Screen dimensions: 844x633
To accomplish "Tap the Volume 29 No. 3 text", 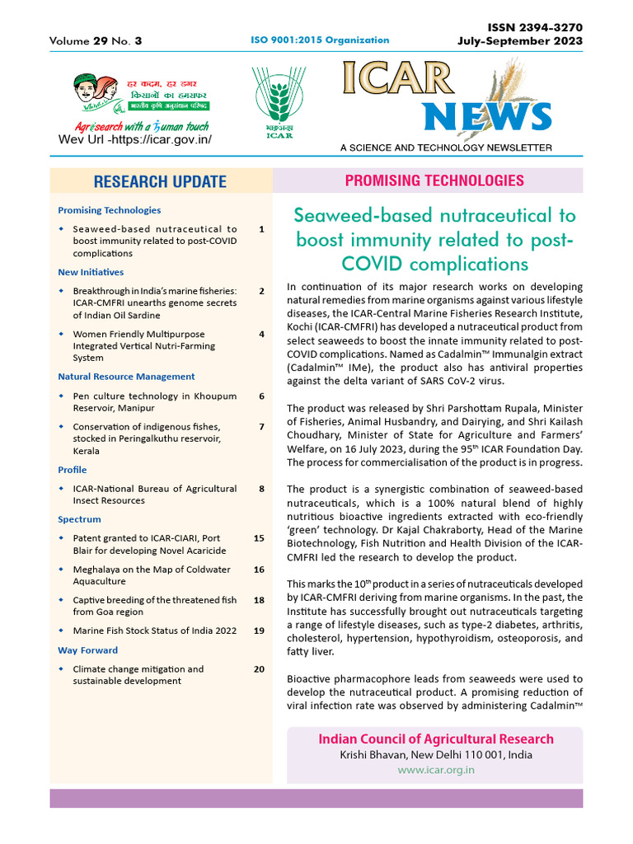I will [x=96, y=40].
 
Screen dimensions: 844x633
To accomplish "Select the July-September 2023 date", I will [x=520, y=41].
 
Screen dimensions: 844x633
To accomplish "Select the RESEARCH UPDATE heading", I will [x=160, y=181].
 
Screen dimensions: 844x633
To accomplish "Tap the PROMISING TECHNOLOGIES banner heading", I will [x=434, y=181].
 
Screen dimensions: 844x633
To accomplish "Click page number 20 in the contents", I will [x=259, y=669].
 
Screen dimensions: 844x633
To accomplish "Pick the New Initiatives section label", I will [x=91, y=272].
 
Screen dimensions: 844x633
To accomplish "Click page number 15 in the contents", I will [x=259, y=538].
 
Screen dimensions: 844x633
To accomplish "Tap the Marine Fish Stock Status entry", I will [x=155, y=631].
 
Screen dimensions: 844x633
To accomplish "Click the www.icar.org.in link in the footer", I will [x=435, y=770].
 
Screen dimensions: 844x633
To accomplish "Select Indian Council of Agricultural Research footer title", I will [x=436, y=738].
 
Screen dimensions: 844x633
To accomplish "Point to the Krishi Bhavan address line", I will [x=436, y=755].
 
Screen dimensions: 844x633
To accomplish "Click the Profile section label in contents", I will [x=72, y=470].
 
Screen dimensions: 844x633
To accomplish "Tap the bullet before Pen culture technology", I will [x=62, y=396].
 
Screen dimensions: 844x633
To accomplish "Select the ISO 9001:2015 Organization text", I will [x=319, y=40].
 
